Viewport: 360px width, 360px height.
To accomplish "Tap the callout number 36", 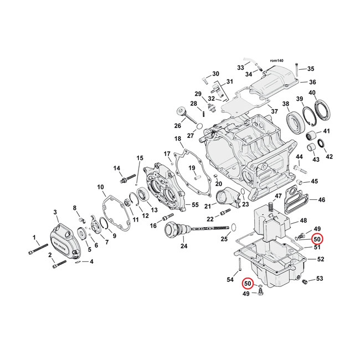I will click(312, 82).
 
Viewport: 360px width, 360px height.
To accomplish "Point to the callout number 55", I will click(194, 204).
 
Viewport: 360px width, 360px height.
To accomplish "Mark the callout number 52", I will click(320, 259).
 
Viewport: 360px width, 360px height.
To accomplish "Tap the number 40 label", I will click(312, 92).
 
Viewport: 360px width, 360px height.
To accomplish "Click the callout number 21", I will click(206, 206).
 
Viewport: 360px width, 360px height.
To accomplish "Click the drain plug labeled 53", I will click(304, 283).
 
